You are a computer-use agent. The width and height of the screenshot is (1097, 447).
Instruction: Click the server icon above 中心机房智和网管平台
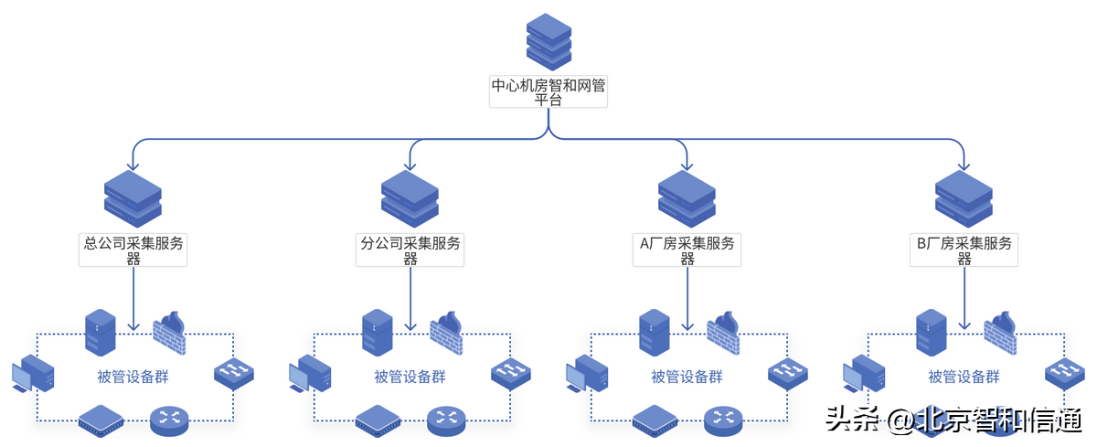click(x=548, y=41)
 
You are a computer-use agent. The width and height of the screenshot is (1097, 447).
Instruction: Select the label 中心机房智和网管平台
click(x=548, y=92)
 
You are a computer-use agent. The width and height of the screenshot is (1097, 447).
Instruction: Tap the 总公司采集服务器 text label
click(x=133, y=250)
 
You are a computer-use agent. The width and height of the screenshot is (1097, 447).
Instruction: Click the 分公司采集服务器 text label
click(x=410, y=250)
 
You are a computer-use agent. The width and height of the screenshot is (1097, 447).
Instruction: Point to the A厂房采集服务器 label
click(x=687, y=250)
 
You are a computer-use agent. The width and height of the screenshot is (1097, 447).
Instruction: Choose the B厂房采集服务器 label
click(x=964, y=250)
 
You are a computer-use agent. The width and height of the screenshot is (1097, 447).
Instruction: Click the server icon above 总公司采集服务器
click(x=133, y=198)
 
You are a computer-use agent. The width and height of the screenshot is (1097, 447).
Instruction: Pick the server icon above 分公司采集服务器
click(x=410, y=198)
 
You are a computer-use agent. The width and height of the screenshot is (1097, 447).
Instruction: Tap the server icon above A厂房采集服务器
click(x=687, y=198)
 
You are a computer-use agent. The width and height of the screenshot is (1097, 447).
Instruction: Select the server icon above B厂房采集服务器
click(x=964, y=198)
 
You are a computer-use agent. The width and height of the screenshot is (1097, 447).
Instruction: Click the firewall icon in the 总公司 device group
click(x=169, y=333)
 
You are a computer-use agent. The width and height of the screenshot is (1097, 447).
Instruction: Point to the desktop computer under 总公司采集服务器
click(x=32, y=376)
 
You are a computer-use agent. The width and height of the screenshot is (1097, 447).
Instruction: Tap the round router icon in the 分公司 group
click(x=446, y=420)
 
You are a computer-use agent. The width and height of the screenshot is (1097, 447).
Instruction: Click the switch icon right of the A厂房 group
click(x=787, y=373)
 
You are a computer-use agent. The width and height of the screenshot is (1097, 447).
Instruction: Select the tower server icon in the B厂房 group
click(x=931, y=332)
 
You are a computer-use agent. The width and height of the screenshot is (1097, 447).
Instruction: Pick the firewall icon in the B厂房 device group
click(x=1000, y=333)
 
